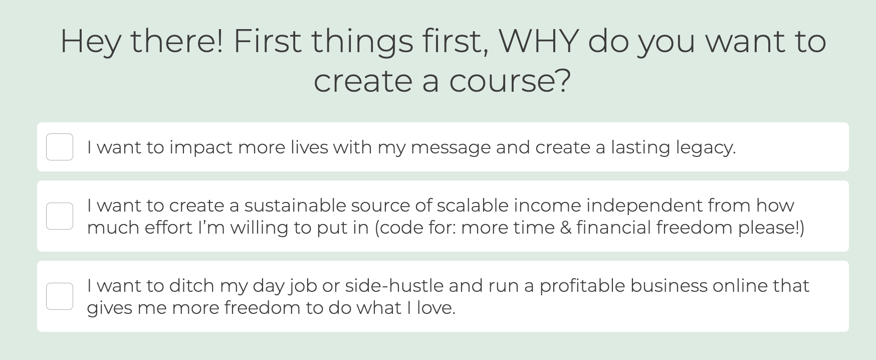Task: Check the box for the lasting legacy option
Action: [60, 147]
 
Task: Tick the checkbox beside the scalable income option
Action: [60, 216]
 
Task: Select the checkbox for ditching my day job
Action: [60, 296]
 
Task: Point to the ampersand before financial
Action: [566, 228]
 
